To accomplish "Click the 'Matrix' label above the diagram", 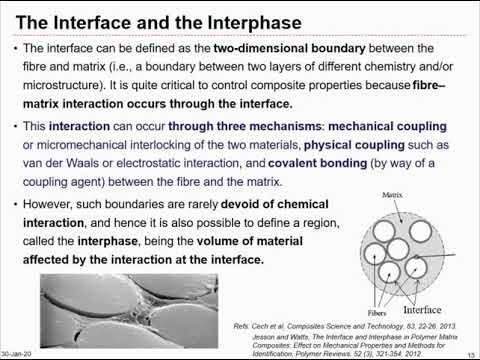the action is click(383, 196).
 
